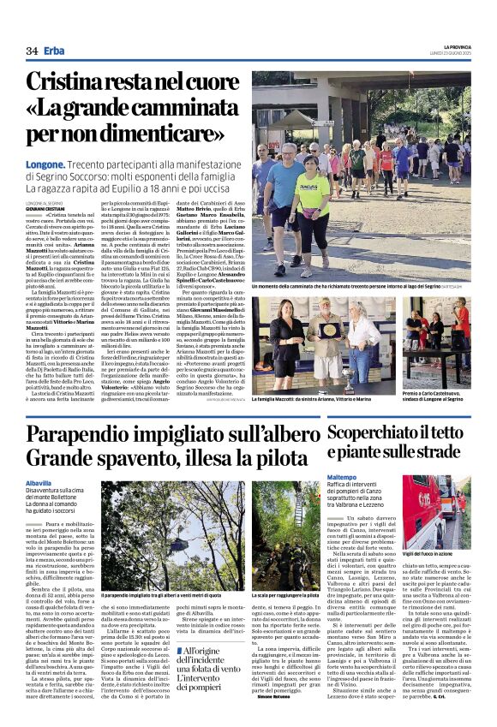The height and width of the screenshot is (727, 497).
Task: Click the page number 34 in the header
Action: click(32, 51)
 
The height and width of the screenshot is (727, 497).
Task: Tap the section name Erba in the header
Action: click(55, 51)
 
